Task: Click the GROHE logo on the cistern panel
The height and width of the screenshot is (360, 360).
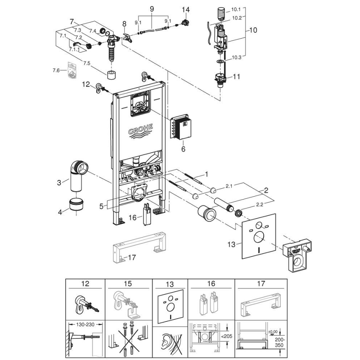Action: tap(141, 130)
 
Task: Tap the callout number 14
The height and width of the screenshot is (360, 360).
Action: tap(185, 10)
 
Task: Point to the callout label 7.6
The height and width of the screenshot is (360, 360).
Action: tap(56, 71)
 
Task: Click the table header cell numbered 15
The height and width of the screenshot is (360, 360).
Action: tap(128, 284)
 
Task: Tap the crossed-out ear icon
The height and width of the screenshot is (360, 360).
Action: tap(169, 342)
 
